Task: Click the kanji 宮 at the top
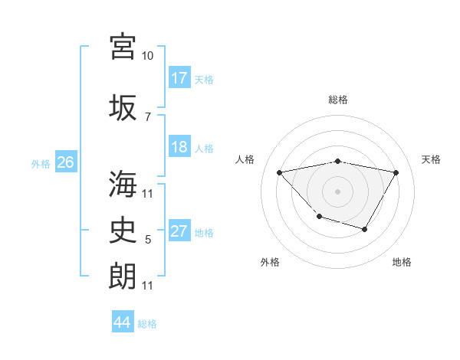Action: (123, 47)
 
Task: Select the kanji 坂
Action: (123, 106)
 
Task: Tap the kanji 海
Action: (123, 184)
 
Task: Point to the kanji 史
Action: (123, 229)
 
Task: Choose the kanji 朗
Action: (123, 275)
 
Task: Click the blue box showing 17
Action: (179, 78)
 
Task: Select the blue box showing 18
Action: (179, 147)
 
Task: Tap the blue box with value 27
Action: (179, 231)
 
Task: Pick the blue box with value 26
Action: (66, 162)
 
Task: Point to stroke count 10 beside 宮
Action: (148, 56)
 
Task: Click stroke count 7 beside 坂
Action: (148, 116)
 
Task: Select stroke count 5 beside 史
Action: (148, 240)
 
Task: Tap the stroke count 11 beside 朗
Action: (148, 286)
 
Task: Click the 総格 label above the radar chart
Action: (337, 100)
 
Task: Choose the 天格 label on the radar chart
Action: (431, 159)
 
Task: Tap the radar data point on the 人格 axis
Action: (280, 172)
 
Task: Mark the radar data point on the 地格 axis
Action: (365, 229)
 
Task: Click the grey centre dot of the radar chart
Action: (337, 191)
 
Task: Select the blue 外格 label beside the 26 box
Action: (41, 163)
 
